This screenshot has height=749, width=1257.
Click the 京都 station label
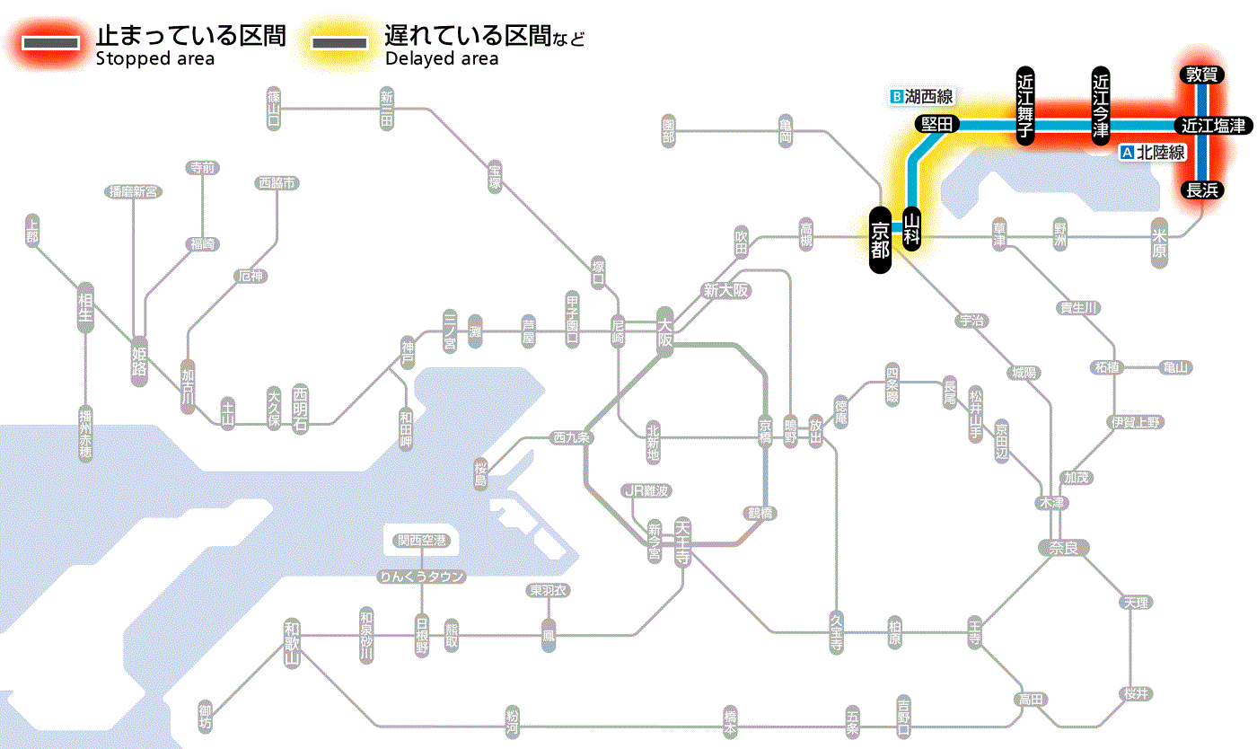point(880,240)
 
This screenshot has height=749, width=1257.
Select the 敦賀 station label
point(1201,75)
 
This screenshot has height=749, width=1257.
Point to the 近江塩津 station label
point(1213,126)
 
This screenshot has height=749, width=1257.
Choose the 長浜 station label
point(1201,189)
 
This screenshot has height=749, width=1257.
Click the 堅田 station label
point(937,125)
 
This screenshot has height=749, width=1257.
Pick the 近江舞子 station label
point(1025,105)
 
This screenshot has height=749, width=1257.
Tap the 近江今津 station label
point(1101,105)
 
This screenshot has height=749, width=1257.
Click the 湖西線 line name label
point(922,96)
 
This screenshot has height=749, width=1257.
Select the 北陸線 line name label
point(1154,153)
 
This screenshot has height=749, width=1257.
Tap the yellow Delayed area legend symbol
point(339,43)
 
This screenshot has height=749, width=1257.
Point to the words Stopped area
point(154,59)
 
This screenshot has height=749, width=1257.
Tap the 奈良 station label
point(1063,547)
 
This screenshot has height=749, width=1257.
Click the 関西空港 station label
point(421,541)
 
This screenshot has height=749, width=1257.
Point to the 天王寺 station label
point(682,542)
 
